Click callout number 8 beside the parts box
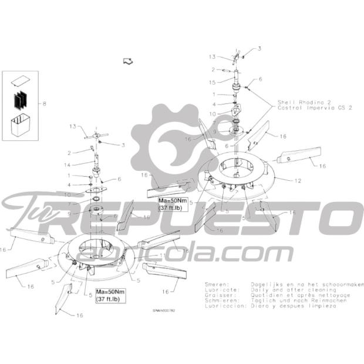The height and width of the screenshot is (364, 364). pyautogui.click(x=43, y=104)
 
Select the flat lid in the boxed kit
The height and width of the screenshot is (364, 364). pyautogui.click(x=21, y=80)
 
